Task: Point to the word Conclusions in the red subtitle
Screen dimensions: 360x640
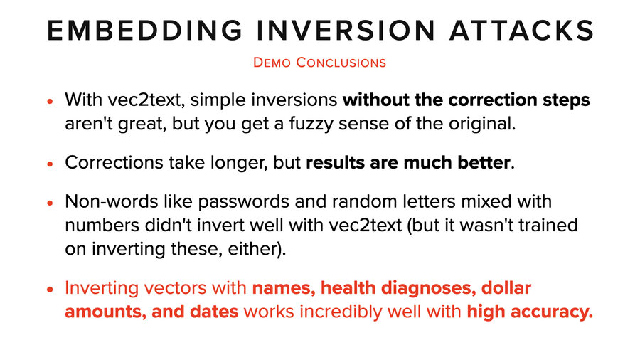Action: click(341, 63)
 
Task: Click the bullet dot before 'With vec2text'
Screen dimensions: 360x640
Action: click(50, 102)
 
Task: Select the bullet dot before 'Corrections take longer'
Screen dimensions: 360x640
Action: click(50, 163)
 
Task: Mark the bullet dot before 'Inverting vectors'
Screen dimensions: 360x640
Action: click(50, 290)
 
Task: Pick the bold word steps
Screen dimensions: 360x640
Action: click(566, 100)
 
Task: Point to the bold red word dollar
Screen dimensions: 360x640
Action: click(507, 289)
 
